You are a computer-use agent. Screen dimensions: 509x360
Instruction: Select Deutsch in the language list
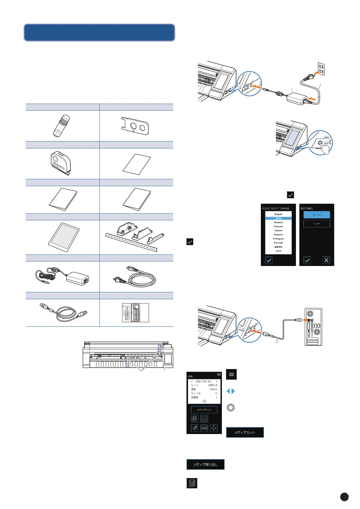click(278, 222)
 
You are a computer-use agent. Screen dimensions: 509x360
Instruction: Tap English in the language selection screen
click(278, 214)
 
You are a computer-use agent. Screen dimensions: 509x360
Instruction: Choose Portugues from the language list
click(278, 238)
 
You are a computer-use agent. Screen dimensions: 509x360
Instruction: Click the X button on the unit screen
click(326, 260)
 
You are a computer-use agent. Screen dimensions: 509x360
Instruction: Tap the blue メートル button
click(316, 215)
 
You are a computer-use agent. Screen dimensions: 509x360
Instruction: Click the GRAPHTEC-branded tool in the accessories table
click(60, 163)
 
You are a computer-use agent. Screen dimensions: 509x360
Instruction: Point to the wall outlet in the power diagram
click(321, 69)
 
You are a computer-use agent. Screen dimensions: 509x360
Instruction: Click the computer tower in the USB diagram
click(313, 326)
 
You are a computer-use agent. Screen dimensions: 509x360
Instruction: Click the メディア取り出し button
click(205, 464)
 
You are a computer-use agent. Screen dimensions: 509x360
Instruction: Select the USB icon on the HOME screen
click(204, 428)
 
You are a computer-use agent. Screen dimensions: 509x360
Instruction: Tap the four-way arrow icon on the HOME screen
click(214, 428)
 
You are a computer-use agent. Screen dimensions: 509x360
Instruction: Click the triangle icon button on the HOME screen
click(204, 419)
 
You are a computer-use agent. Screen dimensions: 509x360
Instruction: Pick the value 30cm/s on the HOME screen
click(213, 389)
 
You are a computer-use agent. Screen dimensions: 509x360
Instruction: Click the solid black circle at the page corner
click(344, 497)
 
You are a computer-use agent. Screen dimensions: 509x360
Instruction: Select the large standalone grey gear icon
click(231, 407)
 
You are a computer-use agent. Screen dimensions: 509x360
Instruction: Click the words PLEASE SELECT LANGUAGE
click(276, 208)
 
